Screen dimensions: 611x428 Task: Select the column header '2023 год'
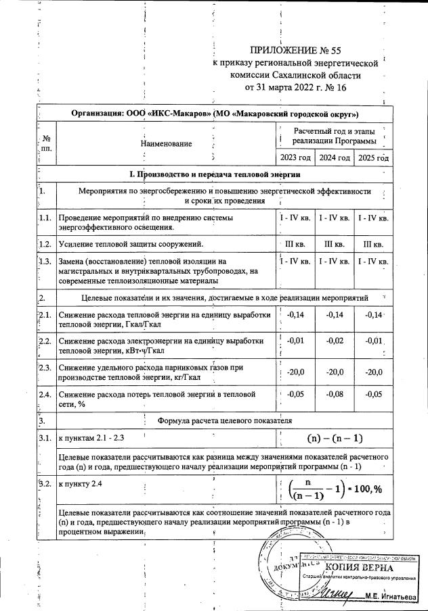(x=295, y=157)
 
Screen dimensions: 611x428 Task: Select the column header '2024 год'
(x=335, y=157)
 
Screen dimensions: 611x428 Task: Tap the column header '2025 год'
(x=374, y=157)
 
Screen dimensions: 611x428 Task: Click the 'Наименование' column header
(x=166, y=143)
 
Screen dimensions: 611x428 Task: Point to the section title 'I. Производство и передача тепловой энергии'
(x=214, y=174)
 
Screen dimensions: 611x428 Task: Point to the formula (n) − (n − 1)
(x=334, y=438)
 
